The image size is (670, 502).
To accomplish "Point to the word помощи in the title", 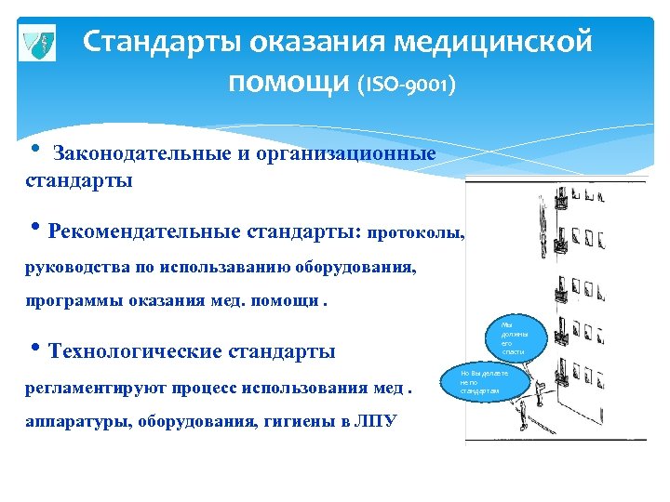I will [x=288, y=84].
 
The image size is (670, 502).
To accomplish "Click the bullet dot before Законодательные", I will [x=33, y=151].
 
